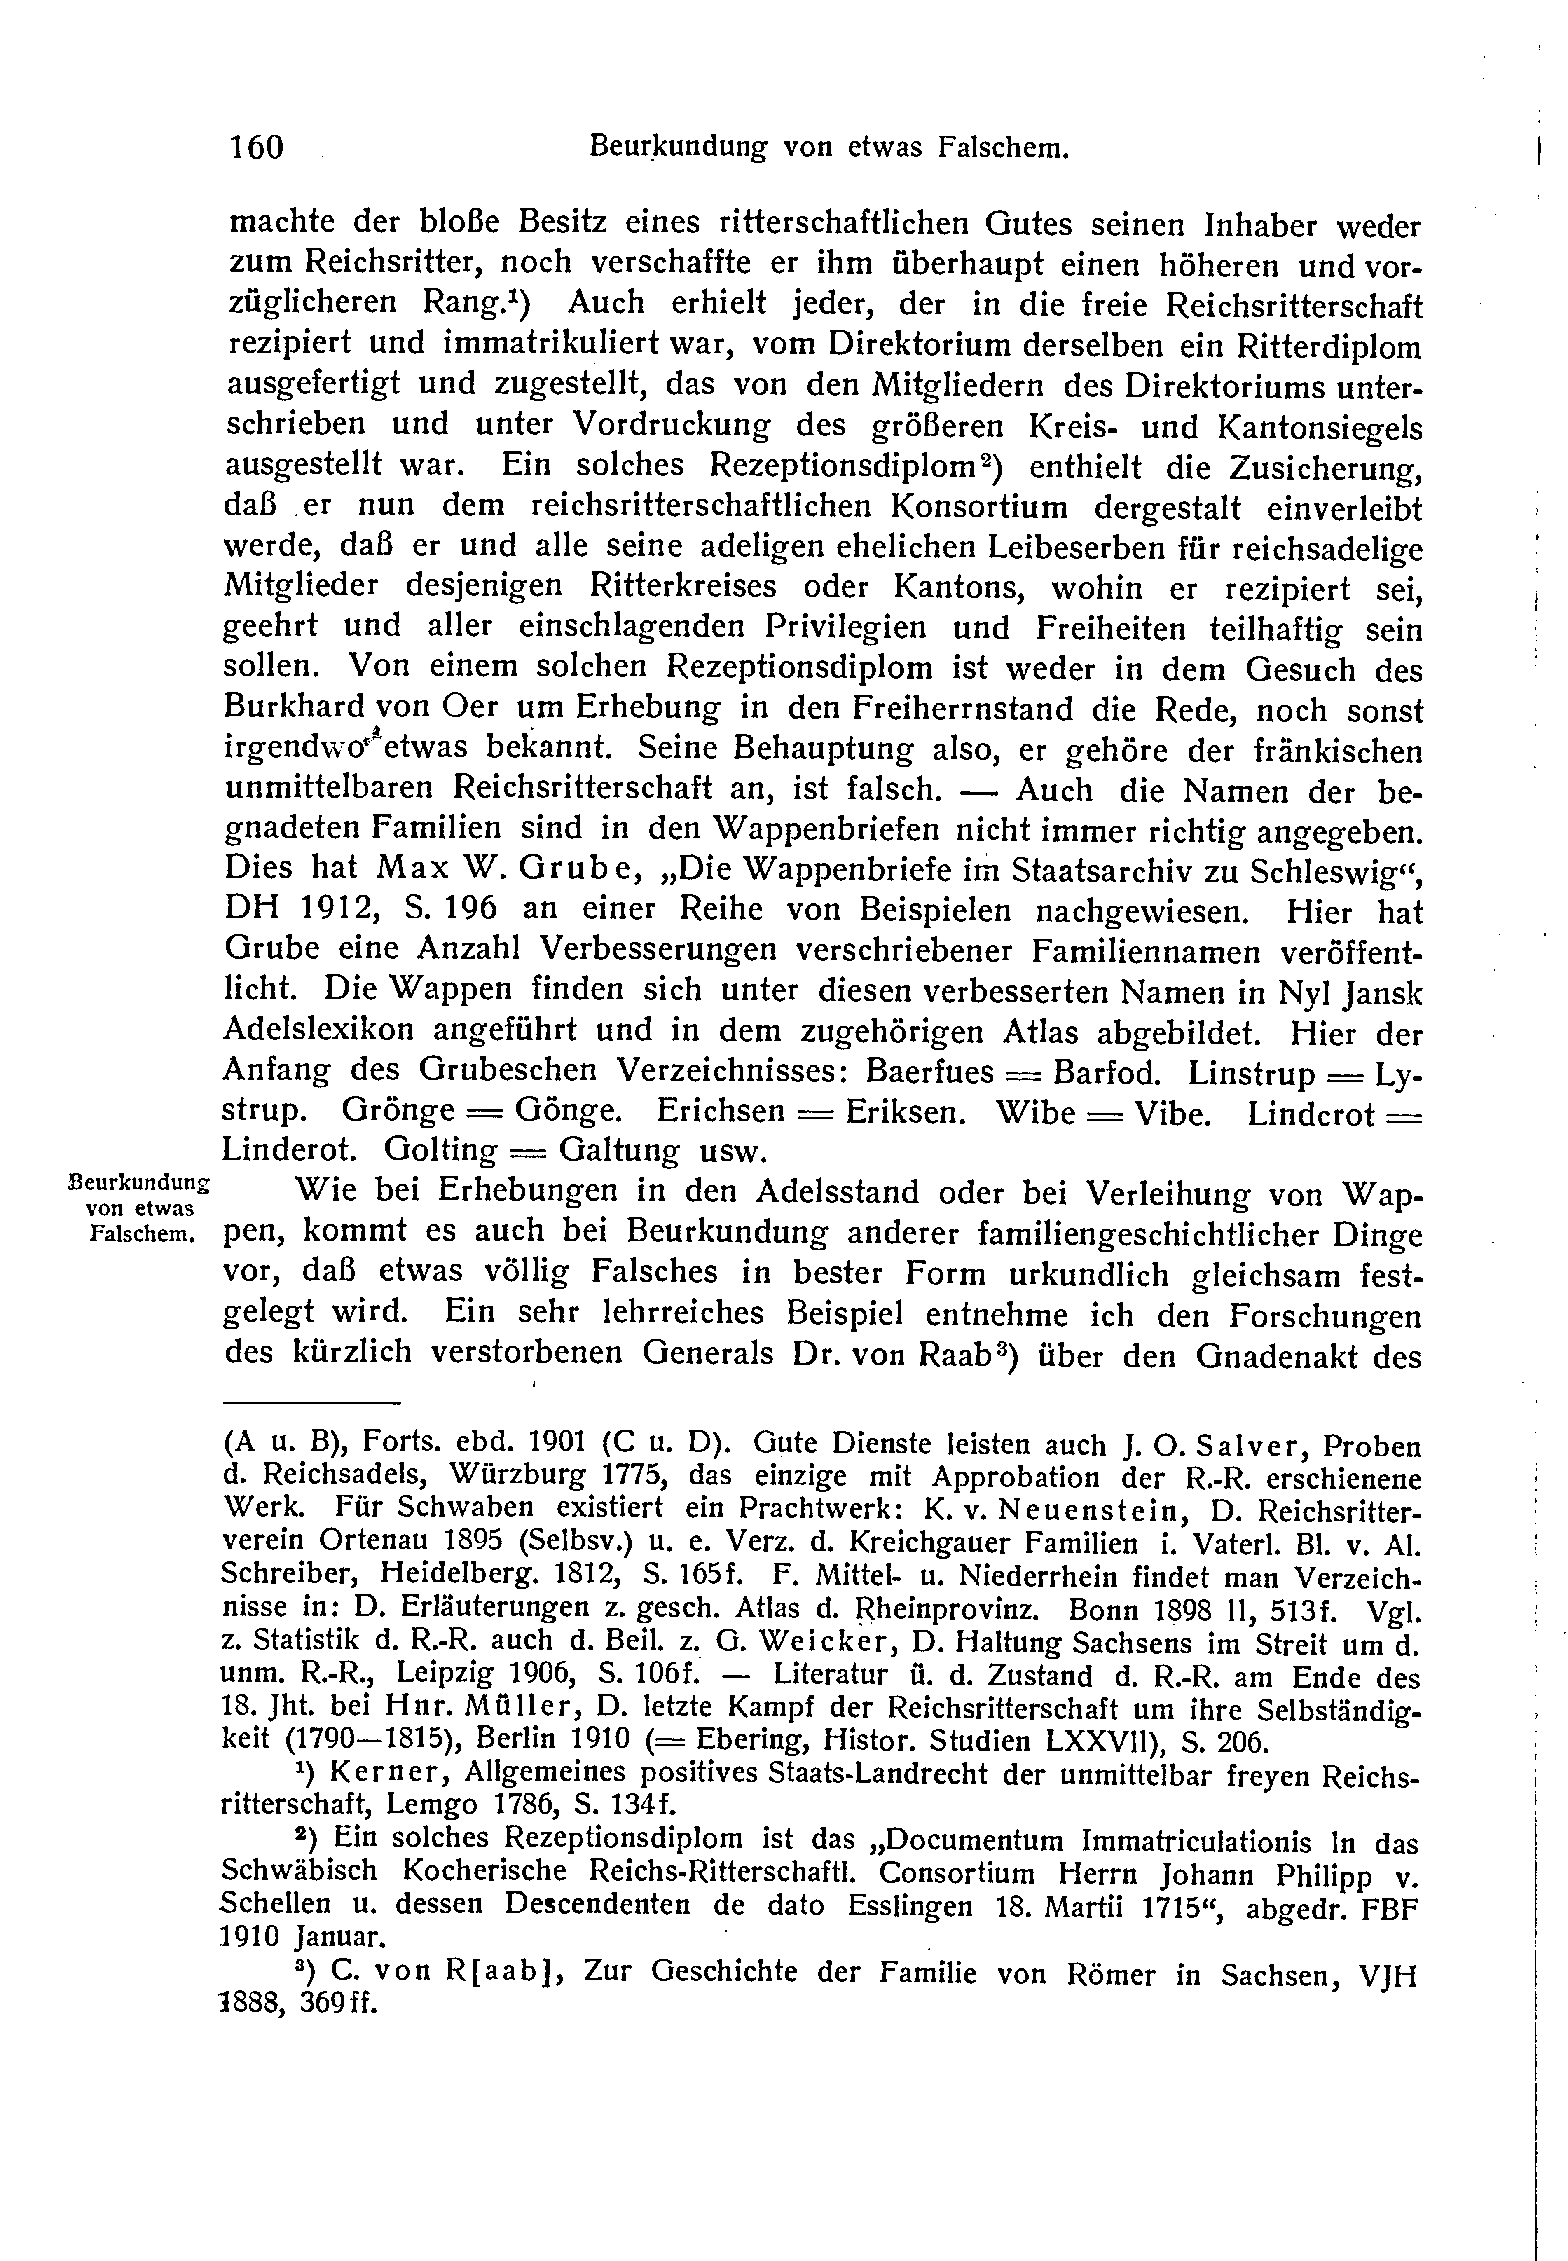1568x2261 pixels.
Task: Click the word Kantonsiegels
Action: pos(1320,429)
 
